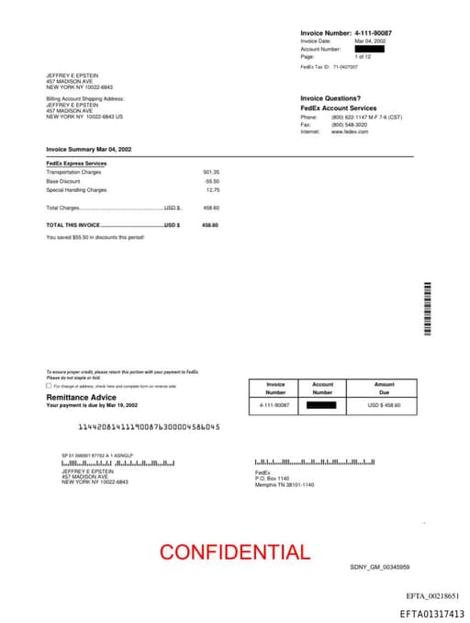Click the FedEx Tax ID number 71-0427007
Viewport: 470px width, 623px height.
coord(345,67)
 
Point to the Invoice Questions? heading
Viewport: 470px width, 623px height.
coord(330,98)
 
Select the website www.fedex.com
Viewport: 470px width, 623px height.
coord(350,132)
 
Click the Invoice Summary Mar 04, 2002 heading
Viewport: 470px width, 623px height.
coord(89,149)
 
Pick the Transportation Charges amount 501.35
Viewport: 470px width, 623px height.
coord(211,172)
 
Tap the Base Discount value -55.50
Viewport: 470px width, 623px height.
coord(211,181)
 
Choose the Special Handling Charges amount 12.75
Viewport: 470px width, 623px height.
coord(213,190)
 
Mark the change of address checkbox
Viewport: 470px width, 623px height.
coord(49,386)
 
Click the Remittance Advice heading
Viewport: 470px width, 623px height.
coord(82,397)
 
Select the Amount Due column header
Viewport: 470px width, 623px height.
coord(384,389)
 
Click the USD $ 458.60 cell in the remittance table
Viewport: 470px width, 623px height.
coord(384,404)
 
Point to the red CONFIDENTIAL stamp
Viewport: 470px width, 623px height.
coord(234,552)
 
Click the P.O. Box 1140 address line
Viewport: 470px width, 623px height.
coord(272,479)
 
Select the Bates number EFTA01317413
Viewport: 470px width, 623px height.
coord(431,614)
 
